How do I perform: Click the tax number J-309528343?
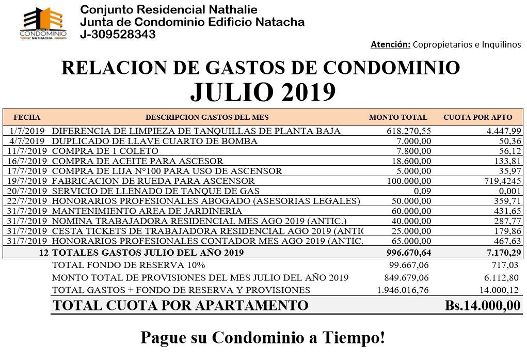pos(118,35)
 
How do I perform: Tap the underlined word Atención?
pos(391,45)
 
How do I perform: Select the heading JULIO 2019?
pos(263,92)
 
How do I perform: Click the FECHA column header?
pos(27,117)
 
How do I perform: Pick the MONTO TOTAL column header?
pos(398,117)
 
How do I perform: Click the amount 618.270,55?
pos(408,131)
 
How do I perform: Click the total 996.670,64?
pos(408,253)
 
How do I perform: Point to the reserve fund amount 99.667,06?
pos(409,265)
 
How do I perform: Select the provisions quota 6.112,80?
pos(503,277)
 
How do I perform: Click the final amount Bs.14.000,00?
pos(483,305)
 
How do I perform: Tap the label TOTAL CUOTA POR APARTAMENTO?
pos(181,305)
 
